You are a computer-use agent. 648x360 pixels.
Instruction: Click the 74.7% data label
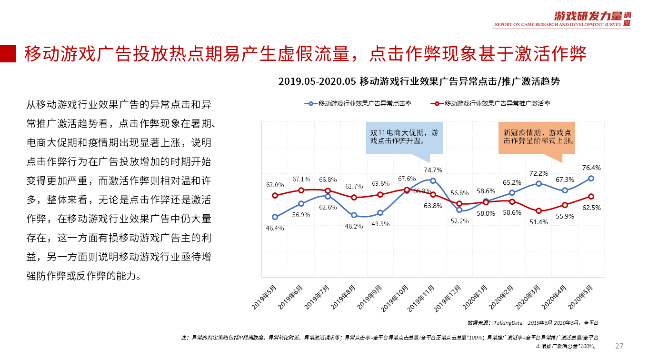(432, 170)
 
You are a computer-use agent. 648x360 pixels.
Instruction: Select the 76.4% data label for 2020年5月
(591, 168)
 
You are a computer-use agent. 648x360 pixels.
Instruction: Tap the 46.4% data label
(275, 228)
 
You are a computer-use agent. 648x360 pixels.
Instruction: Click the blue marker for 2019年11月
(432, 180)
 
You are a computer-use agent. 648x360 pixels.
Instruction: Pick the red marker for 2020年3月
(538, 210)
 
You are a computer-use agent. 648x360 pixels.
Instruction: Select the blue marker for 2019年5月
(275, 217)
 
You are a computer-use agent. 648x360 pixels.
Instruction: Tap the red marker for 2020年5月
(591, 196)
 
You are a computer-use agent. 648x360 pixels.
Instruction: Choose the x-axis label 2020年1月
(477, 298)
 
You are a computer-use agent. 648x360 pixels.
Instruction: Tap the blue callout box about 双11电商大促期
(404, 137)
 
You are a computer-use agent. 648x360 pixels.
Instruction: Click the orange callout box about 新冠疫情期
(537, 137)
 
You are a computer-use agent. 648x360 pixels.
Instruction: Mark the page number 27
(619, 346)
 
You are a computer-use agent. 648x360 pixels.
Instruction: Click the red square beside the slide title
(8, 53)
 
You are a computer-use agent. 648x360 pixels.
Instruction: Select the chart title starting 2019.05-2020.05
(419, 81)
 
